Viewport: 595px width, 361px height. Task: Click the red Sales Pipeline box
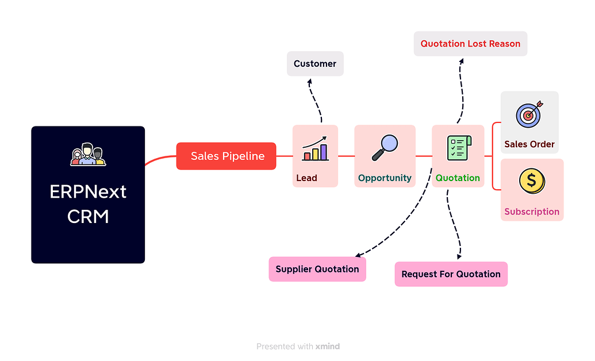pyautogui.click(x=226, y=156)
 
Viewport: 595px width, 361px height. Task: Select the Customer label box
pyautogui.click(x=315, y=64)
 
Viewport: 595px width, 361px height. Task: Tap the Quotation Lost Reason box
pyautogui.click(x=470, y=44)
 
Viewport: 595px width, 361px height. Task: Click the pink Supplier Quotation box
pyautogui.click(x=317, y=269)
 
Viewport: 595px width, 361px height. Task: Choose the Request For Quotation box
pyautogui.click(x=451, y=274)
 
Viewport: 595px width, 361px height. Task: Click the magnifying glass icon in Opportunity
pyautogui.click(x=385, y=147)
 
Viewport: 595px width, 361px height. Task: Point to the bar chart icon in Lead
pyautogui.click(x=314, y=148)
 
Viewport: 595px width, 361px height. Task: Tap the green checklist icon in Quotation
pyautogui.click(x=458, y=148)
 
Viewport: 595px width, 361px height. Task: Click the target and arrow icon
pyautogui.click(x=529, y=114)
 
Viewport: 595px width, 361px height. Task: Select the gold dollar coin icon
pyautogui.click(x=531, y=181)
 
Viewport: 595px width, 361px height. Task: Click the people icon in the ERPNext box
pyautogui.click(x=88, y=154)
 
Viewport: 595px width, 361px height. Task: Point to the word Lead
pyautogui.click(x=306, y=178)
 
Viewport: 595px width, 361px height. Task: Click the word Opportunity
pyautogui.click(x=385, y=178)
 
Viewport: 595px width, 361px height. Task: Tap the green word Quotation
pyautogui.click(x=458, y=178)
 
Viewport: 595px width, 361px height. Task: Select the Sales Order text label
pyautogui.click(x=529, y=144)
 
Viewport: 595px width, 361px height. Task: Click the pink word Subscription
pyautogui.click(x=532, y=212)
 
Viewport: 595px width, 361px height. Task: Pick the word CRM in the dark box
pyautogui.click(x=88, y=217)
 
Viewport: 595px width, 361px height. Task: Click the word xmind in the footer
pyautogui.click(x=328, y=347)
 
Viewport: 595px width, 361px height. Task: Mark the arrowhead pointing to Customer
pyautogui.click(x=309, y=82)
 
